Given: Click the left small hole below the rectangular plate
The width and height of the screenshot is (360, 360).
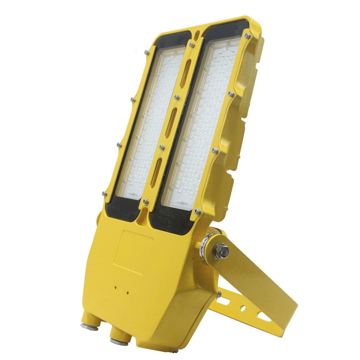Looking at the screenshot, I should [115, 287].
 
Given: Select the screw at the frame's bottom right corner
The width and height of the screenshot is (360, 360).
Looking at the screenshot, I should [197, 211].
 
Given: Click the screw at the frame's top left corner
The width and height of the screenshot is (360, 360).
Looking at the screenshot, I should [147, 52].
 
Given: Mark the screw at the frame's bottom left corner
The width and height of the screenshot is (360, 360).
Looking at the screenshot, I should [104, 193].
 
